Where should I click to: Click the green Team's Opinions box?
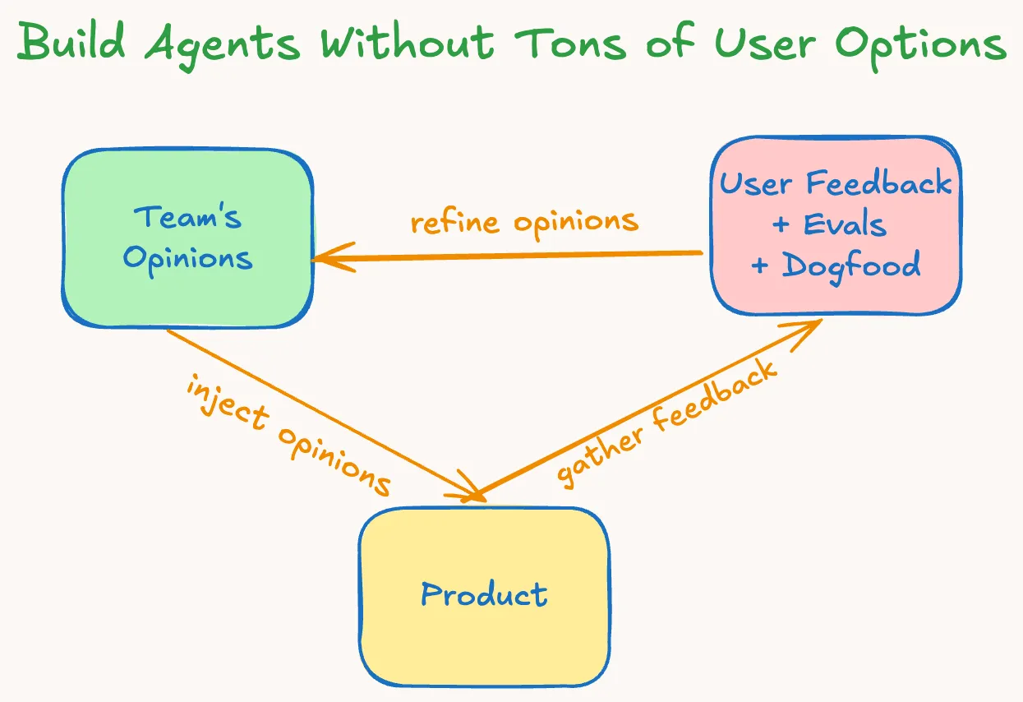pyautogui.click(x=187, y=238)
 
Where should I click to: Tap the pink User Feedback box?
pyautogui.click(x=836, y=225)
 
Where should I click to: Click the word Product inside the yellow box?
pyautogui.click(x=484, y=594)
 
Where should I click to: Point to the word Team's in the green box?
pyautogui.click(x=188, y=217)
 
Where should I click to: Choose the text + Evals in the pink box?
pyautogui.click(x=830, y=224)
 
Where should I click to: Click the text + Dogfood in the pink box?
pyautogui.click(x=836, y=265)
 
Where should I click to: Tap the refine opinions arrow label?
pyautogui.click(x=524, y=222)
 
